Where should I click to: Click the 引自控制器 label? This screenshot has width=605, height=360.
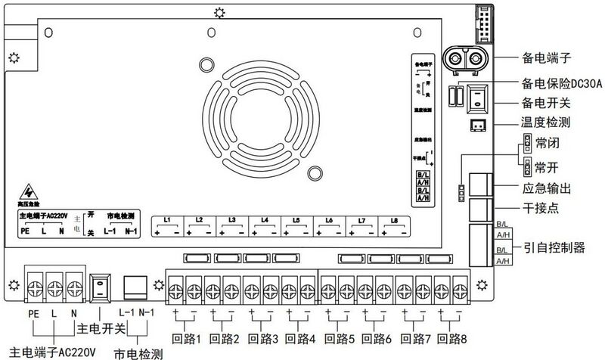tap(555, 247)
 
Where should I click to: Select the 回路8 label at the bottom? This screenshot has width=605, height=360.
tap(453, 338)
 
